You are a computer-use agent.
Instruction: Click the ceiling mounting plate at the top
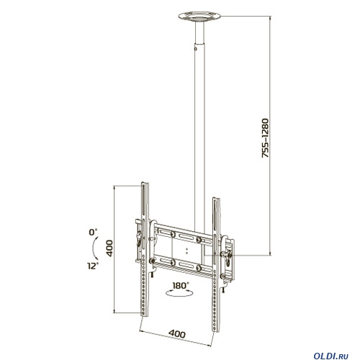pyautogui.click(x=199, y=17)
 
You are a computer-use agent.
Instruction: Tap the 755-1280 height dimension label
pyautogui.click(x=266, y=138)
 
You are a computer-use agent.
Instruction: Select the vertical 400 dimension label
pyautogui.click(x=109, y=248)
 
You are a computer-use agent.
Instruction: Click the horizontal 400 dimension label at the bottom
pyautogui.click(x=177, y=333)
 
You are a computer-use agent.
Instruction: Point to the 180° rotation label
pyautogui.click(x=181, y=286)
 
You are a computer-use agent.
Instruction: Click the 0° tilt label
pyautogui.click(x=93, y=232)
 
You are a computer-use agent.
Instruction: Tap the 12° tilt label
pyautogui.click(x=93, y=266)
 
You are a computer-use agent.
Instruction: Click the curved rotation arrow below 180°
pyautogui.click(x=179, y=294)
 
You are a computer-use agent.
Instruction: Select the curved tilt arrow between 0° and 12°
pyautogui.click(x=94, y=248)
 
